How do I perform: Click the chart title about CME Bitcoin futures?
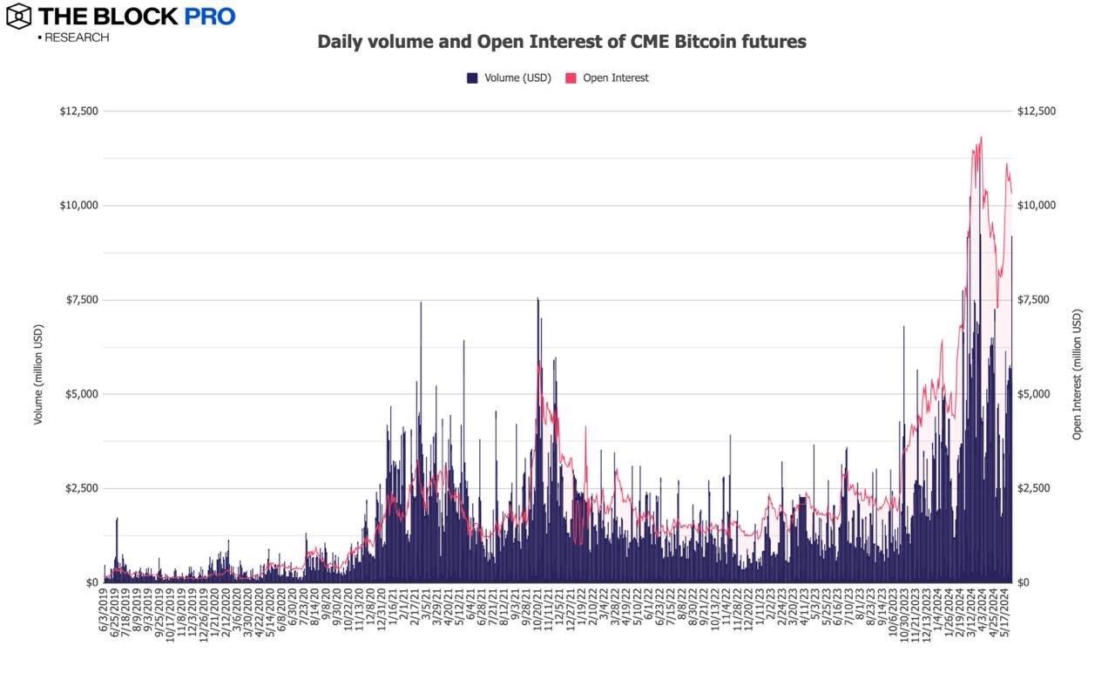tap(561, 42)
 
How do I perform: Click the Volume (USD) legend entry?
tap(509, 78)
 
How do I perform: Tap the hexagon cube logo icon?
tap(18, 16)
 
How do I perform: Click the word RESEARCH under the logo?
tap(76, 37)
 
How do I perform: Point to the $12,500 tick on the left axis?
tap(79, 112)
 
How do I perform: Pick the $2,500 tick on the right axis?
tap(1036, 488)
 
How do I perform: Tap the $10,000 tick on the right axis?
tap(1037, 206)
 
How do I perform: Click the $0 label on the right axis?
tap(1024, 582)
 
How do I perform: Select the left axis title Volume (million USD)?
tap(38, 375)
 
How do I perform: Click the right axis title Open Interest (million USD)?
tap(1078, 375)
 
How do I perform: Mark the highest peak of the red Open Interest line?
tap(982, 137)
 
